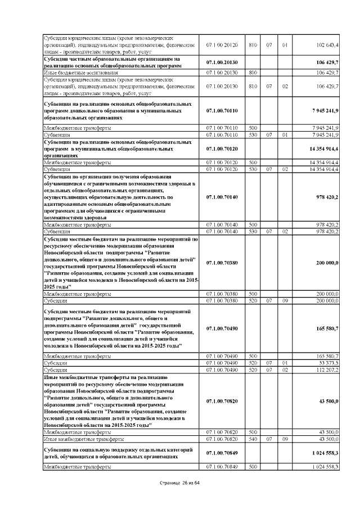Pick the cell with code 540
253,438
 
